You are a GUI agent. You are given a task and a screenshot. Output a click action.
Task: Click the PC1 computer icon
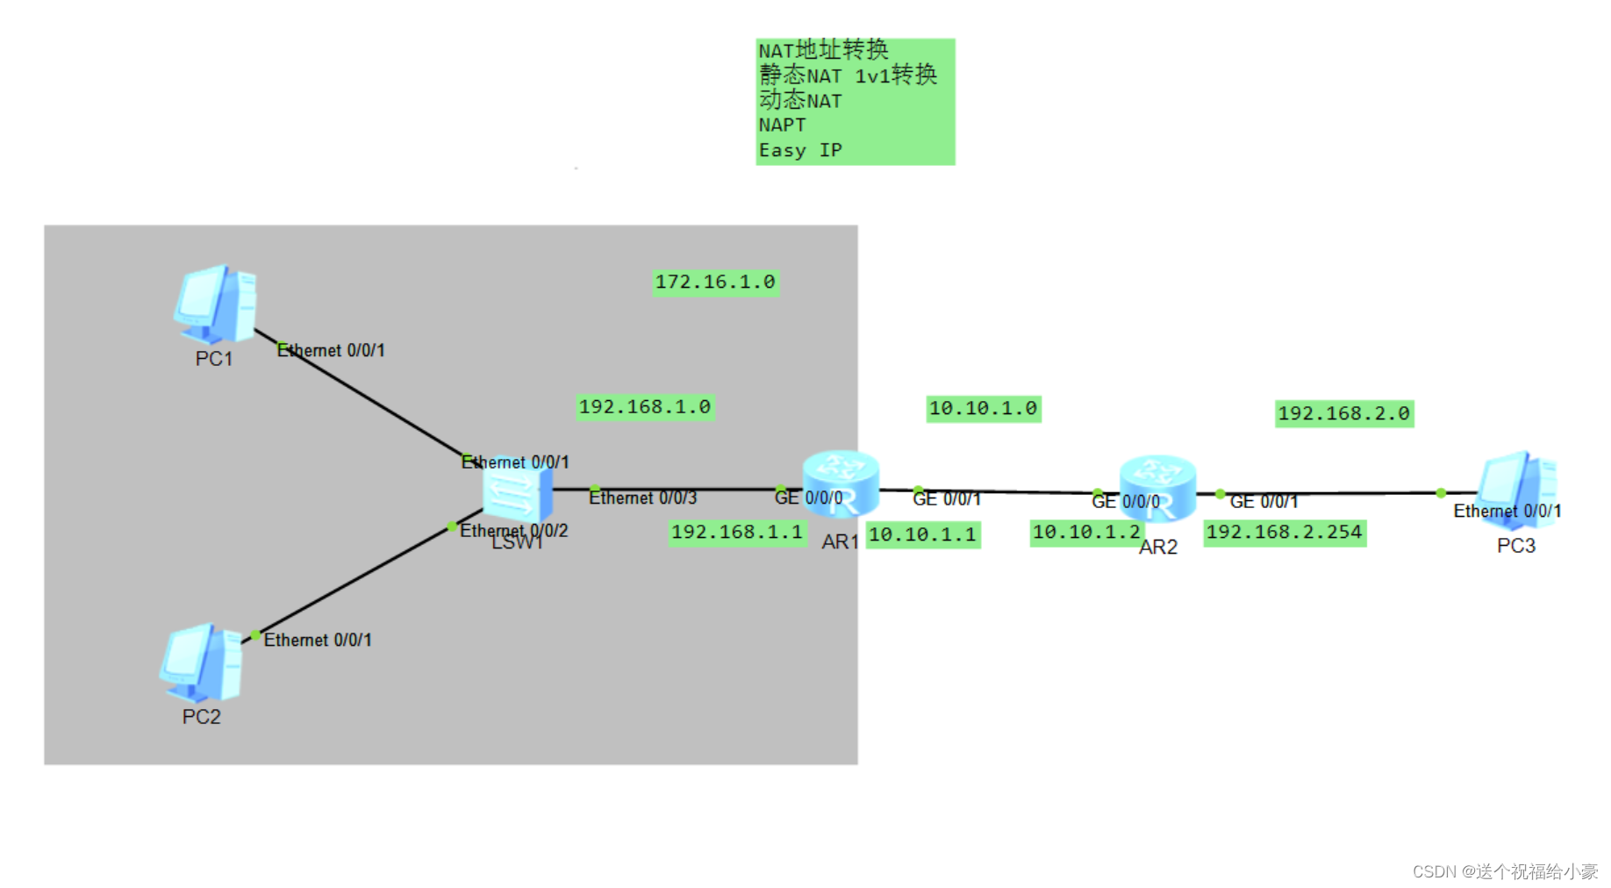[x=214, y=304]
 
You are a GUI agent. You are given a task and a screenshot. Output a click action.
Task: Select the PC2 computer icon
[x=201, y=662]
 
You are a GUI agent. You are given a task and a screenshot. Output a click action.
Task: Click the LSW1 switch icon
[x=518, y=493]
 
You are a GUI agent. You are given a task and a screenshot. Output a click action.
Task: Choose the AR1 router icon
[x=840, y=483]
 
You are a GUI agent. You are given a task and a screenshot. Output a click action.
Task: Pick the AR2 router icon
[x=1157, y=489]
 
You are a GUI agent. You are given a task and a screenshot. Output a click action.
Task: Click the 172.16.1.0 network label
[x=715, y=283]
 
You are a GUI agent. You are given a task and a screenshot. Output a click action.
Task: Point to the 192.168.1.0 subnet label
[x=645, y=407]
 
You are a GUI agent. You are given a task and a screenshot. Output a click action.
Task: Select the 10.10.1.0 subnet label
[x=983, y=409]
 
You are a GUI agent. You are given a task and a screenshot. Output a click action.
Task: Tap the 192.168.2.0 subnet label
[x=1343, y=413]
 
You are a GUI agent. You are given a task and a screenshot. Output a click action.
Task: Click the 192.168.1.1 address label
[x=737, y=533]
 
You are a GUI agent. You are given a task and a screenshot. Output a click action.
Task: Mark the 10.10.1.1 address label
[x=922, y=534]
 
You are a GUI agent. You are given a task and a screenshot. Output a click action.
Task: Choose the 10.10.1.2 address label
[x=1086, y=533]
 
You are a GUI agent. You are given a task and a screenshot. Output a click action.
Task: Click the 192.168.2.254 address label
[x=1284, y=533]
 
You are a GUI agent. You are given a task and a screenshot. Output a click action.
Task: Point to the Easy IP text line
[x=800, y=151]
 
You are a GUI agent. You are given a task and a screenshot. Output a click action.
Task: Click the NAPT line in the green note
[x=782, y=125]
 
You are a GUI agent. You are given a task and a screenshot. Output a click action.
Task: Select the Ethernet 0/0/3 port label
[x=642, y=498]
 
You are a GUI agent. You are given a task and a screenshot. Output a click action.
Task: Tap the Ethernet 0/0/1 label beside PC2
[x=318, y=641]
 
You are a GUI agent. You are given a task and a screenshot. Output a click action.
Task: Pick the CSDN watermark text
[x=1504, y=871]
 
